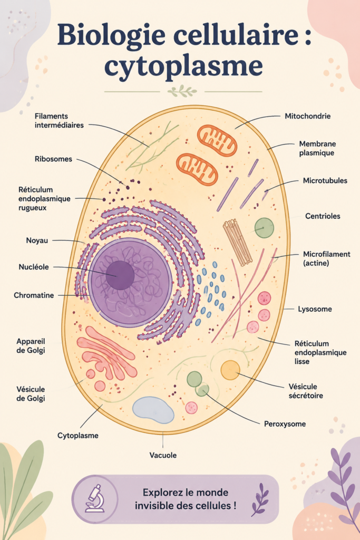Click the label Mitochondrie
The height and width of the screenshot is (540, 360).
[307, 116]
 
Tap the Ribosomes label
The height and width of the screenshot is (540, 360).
[53, 159]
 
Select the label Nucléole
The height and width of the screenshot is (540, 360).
[34, 267]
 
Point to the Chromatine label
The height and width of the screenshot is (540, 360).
[34, 295]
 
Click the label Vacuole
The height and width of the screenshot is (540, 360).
[163, 455]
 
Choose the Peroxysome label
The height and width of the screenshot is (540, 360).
[285, 424]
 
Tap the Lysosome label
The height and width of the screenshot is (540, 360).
[315, 309]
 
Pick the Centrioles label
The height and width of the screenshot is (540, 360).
[323, 216]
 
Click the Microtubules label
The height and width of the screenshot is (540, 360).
[325, 180]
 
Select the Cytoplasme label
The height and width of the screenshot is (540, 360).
[78, 436]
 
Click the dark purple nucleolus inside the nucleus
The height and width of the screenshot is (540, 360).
[120, 275]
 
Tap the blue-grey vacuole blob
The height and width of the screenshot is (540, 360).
[153, 410]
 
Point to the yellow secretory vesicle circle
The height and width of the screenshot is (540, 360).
[230, 370]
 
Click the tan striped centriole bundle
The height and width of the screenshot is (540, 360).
[238, 243]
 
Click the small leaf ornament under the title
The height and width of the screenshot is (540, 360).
[182, 91]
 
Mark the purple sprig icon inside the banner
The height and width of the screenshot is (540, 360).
[260, 499]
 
